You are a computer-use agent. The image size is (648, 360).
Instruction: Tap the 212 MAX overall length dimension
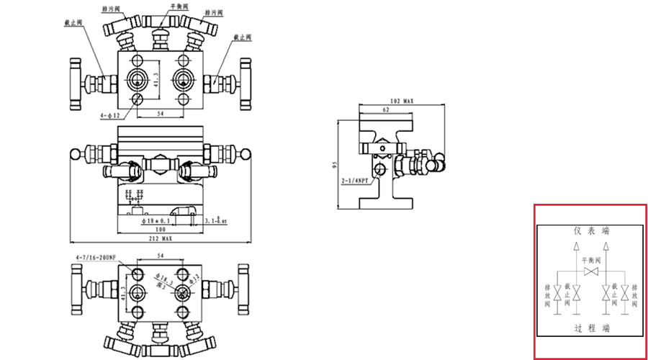coord(160,238)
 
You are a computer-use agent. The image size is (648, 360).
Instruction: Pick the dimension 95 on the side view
coord(336,165)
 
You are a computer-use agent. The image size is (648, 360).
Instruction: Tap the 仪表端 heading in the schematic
coord(591,231)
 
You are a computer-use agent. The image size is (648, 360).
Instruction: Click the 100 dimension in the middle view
coord(160,229)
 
